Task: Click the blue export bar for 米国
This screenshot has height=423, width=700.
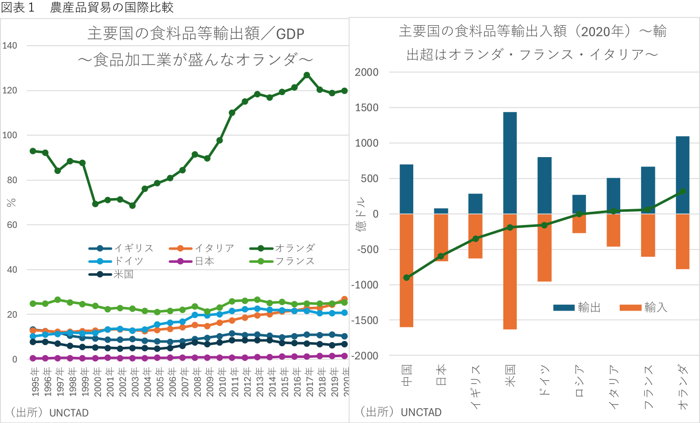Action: pos(510,163)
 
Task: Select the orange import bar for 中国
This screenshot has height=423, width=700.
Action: pos(406,270)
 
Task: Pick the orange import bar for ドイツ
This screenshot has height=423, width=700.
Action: pos(545,247)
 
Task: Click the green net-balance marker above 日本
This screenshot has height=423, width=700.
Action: pos(441,256)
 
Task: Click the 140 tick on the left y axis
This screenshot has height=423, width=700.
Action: pos(24,46)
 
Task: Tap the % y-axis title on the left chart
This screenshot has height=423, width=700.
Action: pos(12,202)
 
